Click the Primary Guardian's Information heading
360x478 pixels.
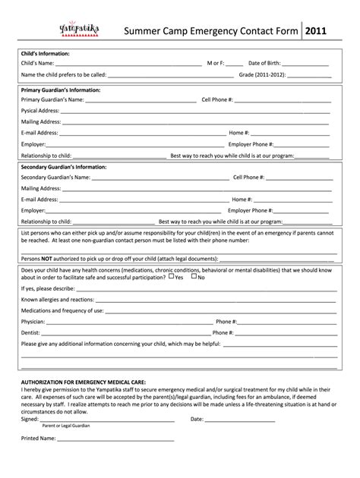[61, 90]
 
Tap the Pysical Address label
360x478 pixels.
[40, 110]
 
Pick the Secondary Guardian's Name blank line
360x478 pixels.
[159, 179]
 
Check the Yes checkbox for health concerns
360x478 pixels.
[171, 277]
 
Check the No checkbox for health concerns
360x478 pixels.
[194, 277]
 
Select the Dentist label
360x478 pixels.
[33, 333]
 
